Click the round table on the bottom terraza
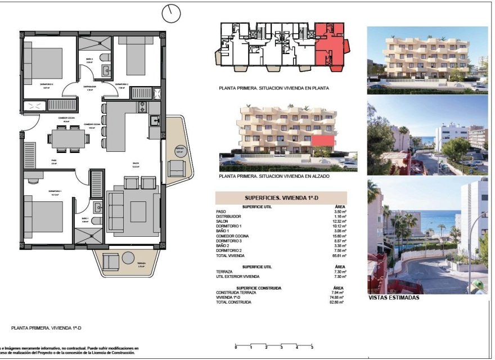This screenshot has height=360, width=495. pyautogui.click(x=128, y=259)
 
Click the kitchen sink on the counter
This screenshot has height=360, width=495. pyautogui.click(x=154, y=120)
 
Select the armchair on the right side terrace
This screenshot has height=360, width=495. pyautogui.click(x=177, y=166)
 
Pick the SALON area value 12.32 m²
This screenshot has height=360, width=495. pyautogui.click(x=338, y=220)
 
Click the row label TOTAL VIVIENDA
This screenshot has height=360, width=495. pyautogui.click(x=231, y=255)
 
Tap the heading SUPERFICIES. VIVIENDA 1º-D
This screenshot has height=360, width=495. pyautogui.click(x=281, y=198)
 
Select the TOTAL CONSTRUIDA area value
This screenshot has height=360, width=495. pyautogui.click(x=338, y=303)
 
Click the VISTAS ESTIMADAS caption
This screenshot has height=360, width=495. pyautogui.click(x=394, y=298)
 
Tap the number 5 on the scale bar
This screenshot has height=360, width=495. pyautogui.click(x=311, y=348)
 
